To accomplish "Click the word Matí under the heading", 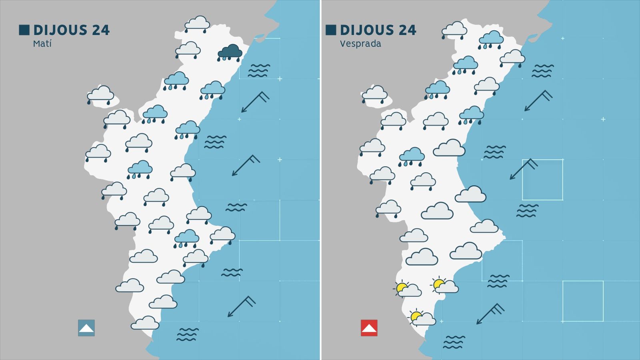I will tap(42, 44).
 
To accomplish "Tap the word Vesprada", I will tap(360, 44).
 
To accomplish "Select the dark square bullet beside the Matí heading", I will tap(24, 30).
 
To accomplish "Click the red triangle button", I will tap(369, 328).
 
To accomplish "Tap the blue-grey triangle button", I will tap(86, 328).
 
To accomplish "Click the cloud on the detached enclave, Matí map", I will tap(100, 95).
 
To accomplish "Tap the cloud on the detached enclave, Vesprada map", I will tap(374, 94).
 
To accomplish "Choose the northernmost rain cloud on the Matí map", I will tap(197, 24).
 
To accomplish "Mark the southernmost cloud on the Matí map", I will tap(145, 323).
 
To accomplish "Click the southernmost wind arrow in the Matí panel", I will tap(242, 306).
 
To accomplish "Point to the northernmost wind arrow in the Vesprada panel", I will tap(538, 100).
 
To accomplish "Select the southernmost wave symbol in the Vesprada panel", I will tap(454, 342).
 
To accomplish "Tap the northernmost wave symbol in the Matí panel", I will tap(259, 70).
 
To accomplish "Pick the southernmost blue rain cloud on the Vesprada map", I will tap(411, 156).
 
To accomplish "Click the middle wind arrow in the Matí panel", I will tap(246, 165).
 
